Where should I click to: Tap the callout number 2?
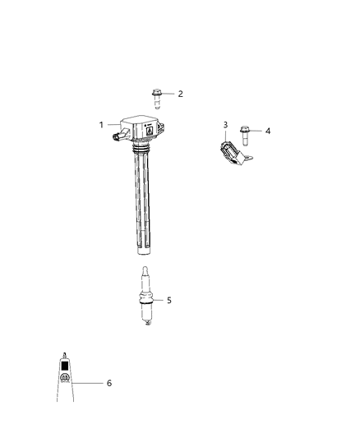tap(179, 94)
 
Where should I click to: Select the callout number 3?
tap(225, 125)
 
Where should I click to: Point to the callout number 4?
tap(267, 130)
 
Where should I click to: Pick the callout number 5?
tap(169, 300)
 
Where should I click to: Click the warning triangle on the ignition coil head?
tap(149, 129)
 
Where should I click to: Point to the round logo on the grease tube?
tap(64, 378)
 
